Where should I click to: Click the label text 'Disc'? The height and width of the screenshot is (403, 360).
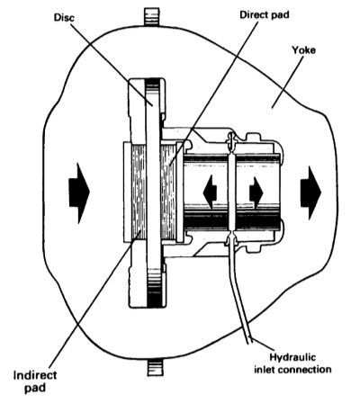pos(64,17)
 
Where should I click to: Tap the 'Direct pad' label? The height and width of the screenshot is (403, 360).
pos(265,14)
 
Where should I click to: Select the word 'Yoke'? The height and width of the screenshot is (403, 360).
pos(303,49)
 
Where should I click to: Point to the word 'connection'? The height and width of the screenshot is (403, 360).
pos(305,369)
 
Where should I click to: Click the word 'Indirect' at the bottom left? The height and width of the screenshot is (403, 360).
pos(35,375)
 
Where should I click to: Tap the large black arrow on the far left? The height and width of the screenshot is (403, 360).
pos(79,193)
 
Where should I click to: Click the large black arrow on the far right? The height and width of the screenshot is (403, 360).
pos(310,193)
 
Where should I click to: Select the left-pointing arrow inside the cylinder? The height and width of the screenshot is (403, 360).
pos(210,193)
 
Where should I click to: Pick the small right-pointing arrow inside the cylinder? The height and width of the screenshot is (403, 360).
pos(256,193)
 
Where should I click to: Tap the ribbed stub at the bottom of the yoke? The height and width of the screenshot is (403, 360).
pos(156,367)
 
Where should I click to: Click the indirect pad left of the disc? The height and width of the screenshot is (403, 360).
pos(139,193)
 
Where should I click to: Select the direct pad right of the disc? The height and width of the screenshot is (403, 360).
pos(167,192)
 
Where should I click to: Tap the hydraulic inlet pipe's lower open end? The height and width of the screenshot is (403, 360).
pos(249,341)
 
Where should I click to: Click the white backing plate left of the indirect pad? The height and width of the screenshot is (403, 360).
pos(128,193)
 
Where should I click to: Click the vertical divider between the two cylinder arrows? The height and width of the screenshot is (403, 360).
pos(231,193)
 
